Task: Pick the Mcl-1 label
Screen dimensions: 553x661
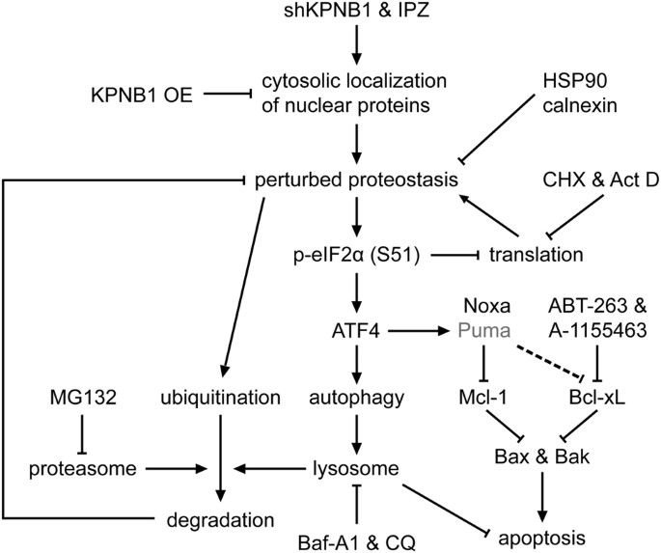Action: coord(480,397)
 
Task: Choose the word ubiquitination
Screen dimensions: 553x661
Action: coord(222,397)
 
